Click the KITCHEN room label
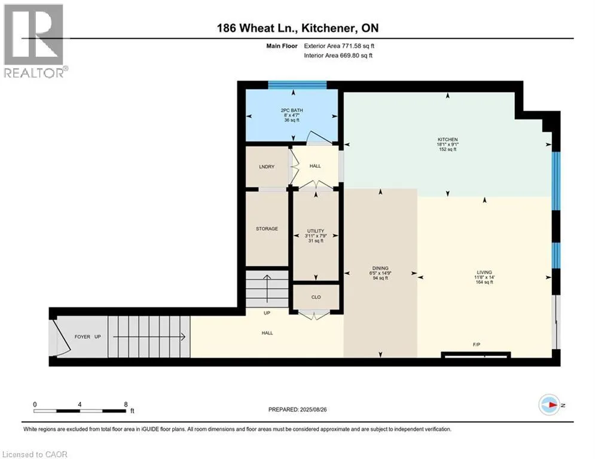pyautogui.click(x=448, y=140)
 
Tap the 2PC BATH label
pyautogui.click(x=292, y=111)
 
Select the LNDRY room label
pyautogui.click(x=267, y=167)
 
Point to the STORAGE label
pyautogui.click(x=267, y=229)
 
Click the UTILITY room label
pyautogui.click(x=316, y=231)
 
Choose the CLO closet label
pyautogui.click(x=316, y=297)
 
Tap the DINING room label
pyautogui.click(x=380, y=268)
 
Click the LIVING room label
pyautogui.click(x=484, y=273)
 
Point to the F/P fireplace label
pyautogui.click(x=477, y=344)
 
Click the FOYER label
pyautogui.click(x=83, y=337)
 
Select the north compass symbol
pyautogui.click(x=550, y=405)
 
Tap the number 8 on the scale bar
pyautogui.click(x=126, y=405)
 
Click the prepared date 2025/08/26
pyautogui.click(x=313, y=409)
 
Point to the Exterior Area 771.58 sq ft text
pyautogui.click(x=339, y=46)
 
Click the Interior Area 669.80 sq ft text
pyautogui.click(x=338, y=56)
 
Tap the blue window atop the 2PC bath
pyautogui.click(x=298, y=85)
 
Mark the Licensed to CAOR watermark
pyautogui.click(x=35, y=454)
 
